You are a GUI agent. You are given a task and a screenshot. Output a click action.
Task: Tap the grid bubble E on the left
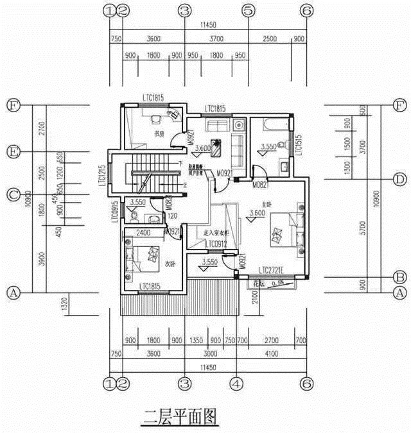(x=12, y=152)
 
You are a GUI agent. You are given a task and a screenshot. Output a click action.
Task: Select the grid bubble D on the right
(x=399, y=178)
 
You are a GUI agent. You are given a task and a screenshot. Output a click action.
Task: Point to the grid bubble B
(x=399, y=276)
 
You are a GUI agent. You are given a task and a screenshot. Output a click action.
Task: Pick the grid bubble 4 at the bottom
(x=236, y=384)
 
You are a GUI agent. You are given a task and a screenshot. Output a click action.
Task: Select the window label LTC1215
(x=102, y=176)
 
